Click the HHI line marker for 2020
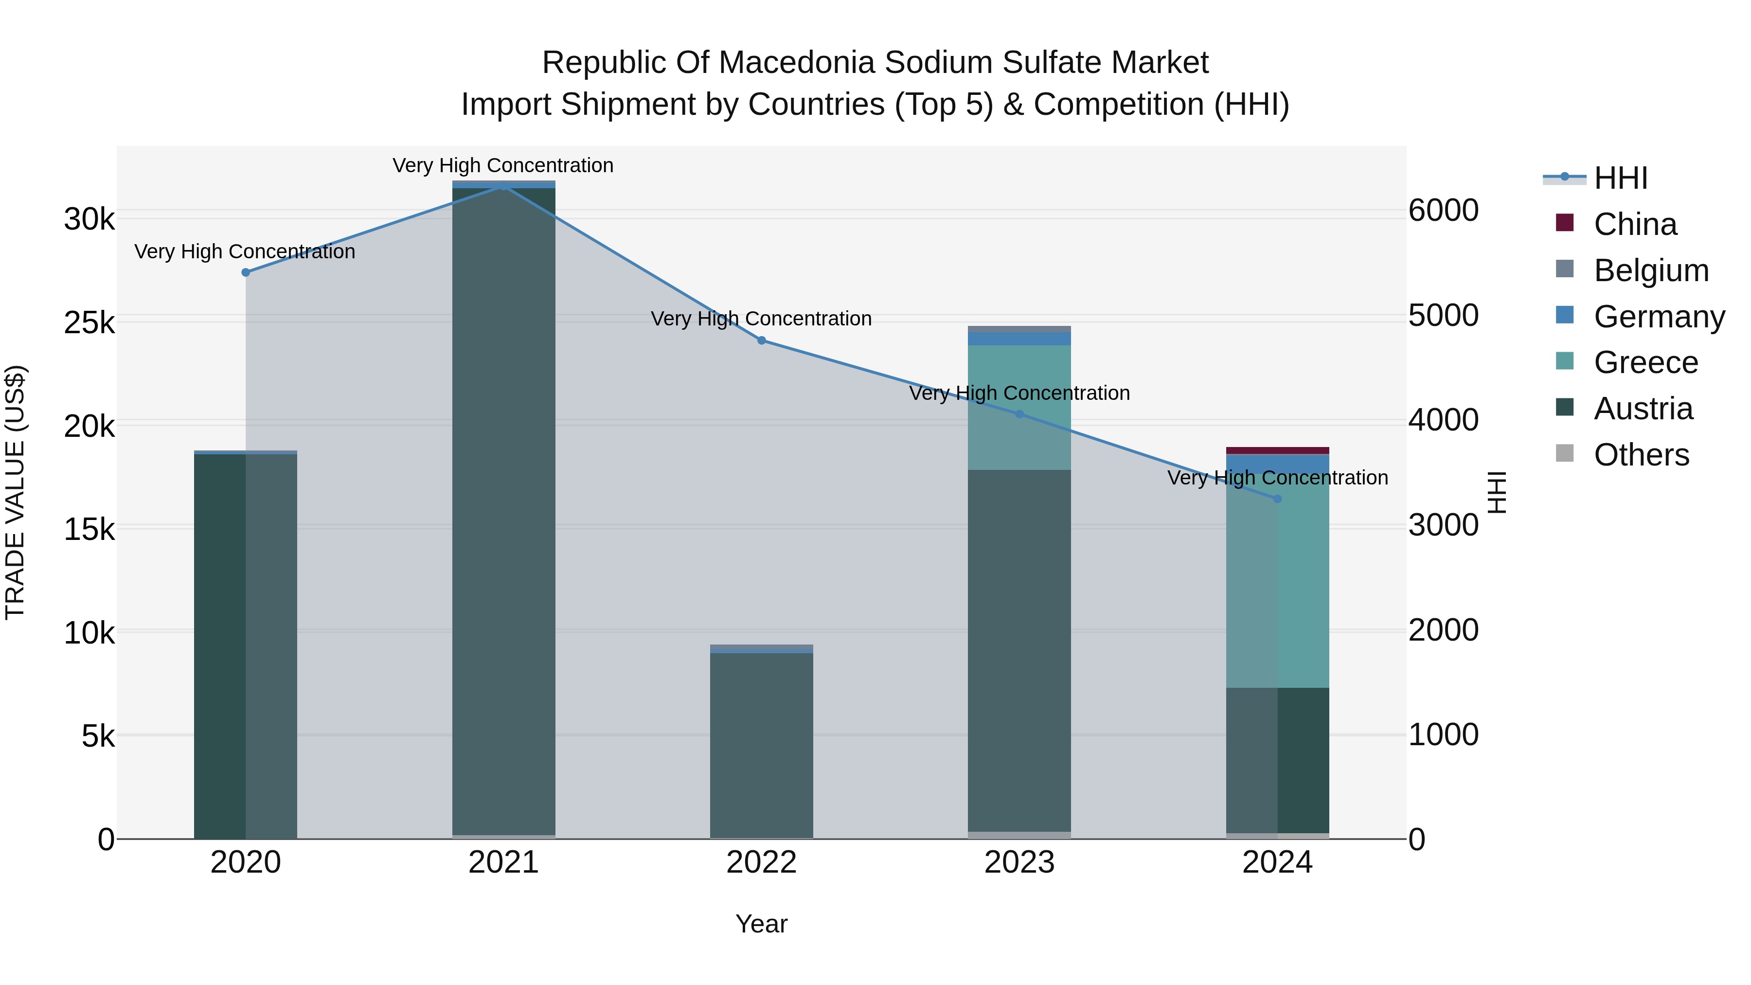246,272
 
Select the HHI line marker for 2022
761,340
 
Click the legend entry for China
1634,224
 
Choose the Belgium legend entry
1650,270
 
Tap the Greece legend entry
1645,362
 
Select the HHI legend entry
1620,178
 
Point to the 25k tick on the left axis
89,323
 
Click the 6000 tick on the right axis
1443,211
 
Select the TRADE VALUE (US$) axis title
15,492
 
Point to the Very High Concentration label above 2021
503,166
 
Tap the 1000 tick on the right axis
1443,735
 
